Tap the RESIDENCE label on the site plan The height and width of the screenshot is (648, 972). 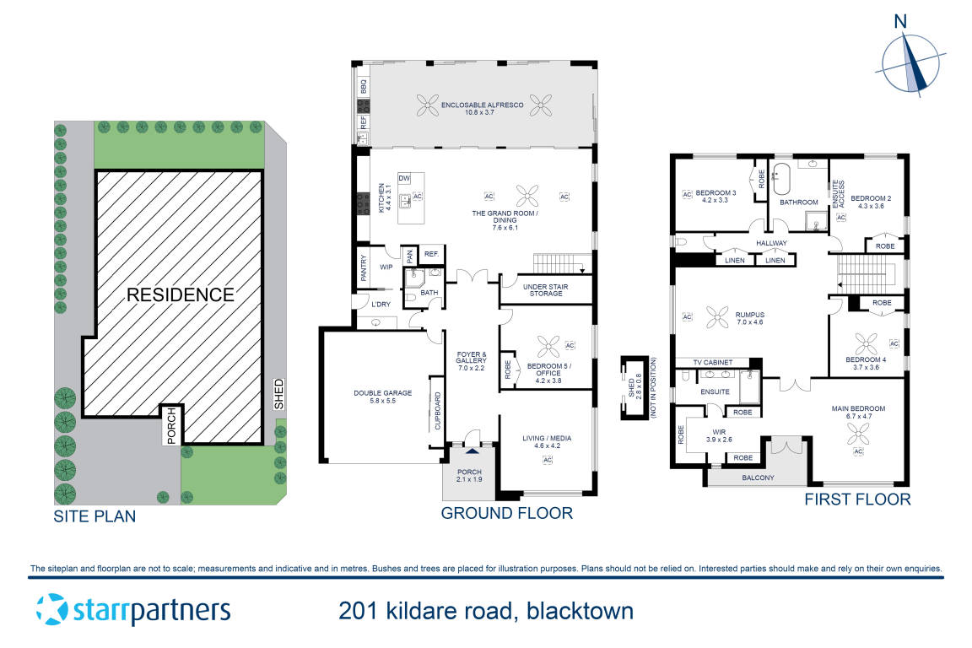pyautogui.click(x=180, y=294)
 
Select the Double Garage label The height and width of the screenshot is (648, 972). pyautogui.click(x=383, y=397)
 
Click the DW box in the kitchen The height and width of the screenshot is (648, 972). pyautogui.click(x=403, y=178)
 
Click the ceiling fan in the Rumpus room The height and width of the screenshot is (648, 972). pyautogui.click(x=719, y=316)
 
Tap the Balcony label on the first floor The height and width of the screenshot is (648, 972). pyautogui.click(x=758, y=478)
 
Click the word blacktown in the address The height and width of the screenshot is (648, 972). pyautogui.click(x=580, y=610)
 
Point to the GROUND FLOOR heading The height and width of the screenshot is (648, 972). pyautogui.click(x=507, y=513)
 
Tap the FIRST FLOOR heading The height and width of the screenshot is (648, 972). pyautogui.click(x=856, y=499)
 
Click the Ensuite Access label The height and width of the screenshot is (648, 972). pyautogui.click(x=839, y=193)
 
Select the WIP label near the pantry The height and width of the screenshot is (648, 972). pyautogui.click(x=386, y=267)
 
